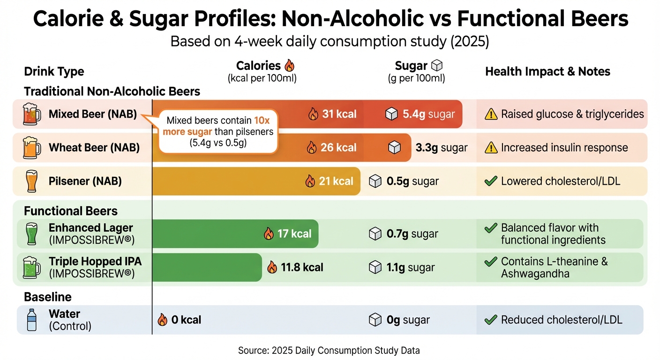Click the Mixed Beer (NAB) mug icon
tap(30, 114)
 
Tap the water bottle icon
tap(31, 320)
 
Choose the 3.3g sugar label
tap(441, 148)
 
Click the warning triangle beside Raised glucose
tap(490, 114)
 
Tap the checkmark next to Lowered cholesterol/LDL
tap(490, 181)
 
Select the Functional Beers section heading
tap(71, 211)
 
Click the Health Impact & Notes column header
tap(547, 72)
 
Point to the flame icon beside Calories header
tap(290, 66)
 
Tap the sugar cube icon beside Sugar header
tap(437, 66)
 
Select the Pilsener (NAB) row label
tap(85, 181)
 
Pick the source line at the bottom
tap(329, 350)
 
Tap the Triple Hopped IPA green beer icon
tap(30, 267)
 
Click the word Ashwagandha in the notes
tap(535, 274)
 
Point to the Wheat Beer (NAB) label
tap(94, 148)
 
